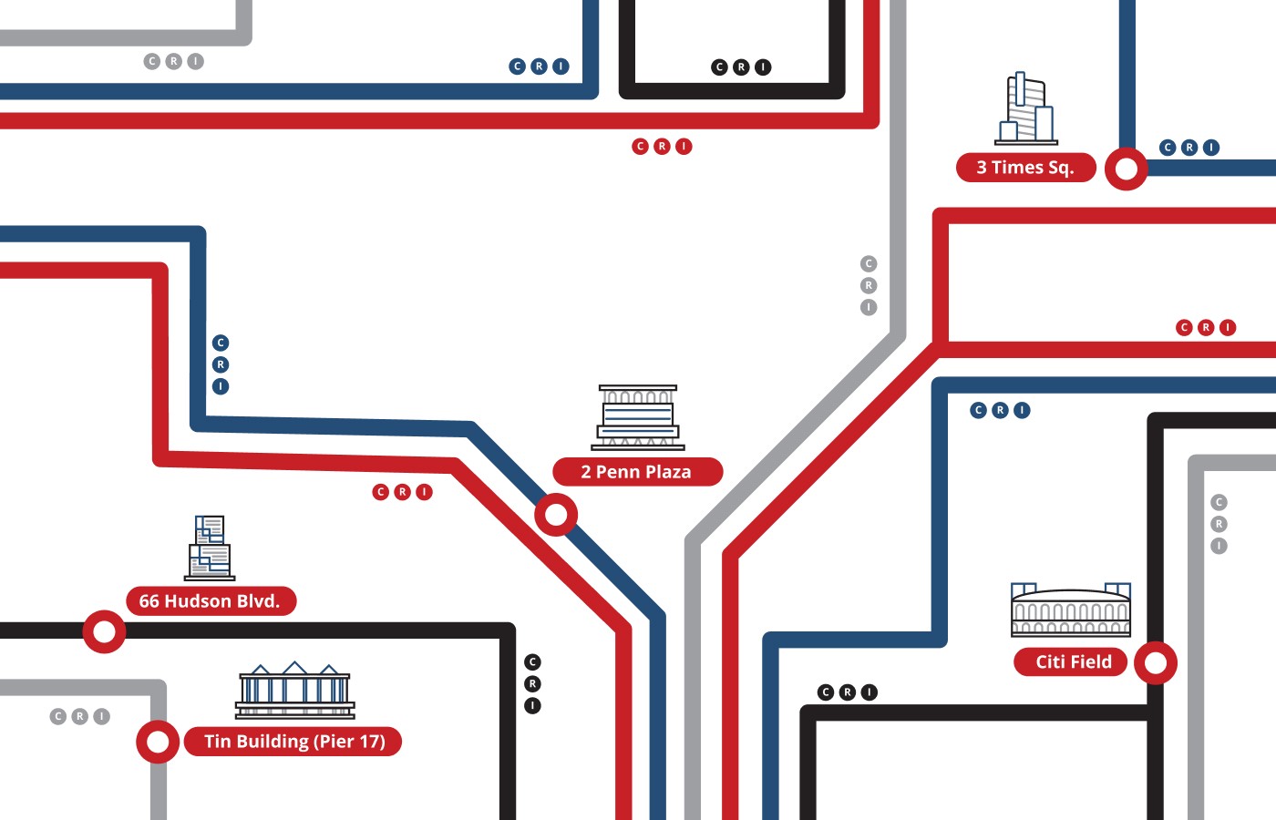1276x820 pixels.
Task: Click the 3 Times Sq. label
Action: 1025,168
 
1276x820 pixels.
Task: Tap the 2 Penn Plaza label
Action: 637,472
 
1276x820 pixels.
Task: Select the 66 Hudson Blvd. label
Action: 211,601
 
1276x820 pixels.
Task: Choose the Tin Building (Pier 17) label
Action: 293,742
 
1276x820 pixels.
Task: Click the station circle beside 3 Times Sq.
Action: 1127,169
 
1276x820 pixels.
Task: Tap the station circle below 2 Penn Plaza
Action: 556,515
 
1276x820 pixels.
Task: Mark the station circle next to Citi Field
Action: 1156,662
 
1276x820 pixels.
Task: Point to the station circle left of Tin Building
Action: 158,742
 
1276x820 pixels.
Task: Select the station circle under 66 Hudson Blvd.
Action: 104,631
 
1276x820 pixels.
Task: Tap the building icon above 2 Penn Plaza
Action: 638,417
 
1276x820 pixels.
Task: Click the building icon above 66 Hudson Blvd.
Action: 210,548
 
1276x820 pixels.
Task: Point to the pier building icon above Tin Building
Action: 294,691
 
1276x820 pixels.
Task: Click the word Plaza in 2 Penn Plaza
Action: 669,472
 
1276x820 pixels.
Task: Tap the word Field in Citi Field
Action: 1091,662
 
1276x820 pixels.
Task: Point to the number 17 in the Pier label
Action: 371,742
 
